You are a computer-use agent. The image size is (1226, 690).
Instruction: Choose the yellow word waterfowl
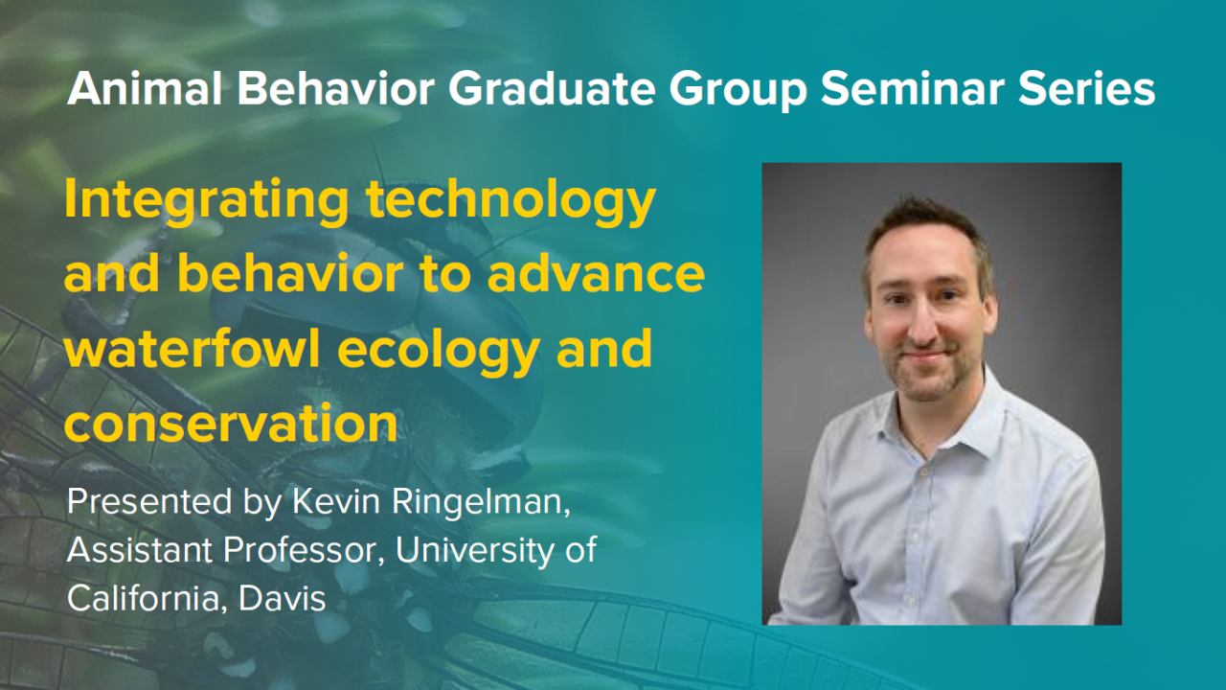coord(178,350)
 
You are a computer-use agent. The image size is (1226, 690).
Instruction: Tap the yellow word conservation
coord(231,423)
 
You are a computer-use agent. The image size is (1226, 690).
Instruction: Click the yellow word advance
coord(596,276)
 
